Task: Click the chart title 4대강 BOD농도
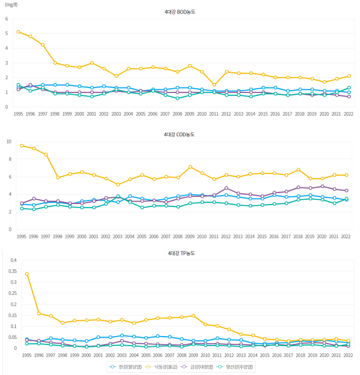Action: (180, 11)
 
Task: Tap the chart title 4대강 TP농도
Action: (180, 253)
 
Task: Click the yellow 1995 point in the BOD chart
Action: (19, 32)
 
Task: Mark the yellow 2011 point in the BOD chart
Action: (214, 85)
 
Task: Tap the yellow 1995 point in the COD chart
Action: (22, 145)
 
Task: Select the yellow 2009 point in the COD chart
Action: (190, 167)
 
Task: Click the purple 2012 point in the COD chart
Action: (226, 188)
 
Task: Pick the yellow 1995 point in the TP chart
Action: (27, 274)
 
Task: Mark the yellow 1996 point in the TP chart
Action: (39, 313)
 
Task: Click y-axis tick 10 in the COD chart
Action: (8, 142)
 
